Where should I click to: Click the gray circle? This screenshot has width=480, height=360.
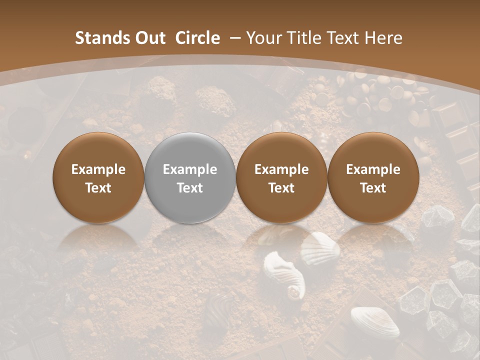coord(190,177)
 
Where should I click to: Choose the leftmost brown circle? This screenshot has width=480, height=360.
coord(98,177)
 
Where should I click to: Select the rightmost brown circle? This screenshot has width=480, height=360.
coord(373,177)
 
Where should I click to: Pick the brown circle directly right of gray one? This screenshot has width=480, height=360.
coord(281,177)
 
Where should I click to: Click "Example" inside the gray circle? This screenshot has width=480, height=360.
coord(190,169)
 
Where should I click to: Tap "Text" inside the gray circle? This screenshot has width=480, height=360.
coord(190,188)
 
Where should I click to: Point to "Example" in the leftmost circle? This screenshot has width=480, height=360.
coord(98,169)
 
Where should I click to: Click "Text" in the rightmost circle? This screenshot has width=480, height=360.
coord(373,188)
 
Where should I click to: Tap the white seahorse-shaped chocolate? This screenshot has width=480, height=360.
coord(285,275)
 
